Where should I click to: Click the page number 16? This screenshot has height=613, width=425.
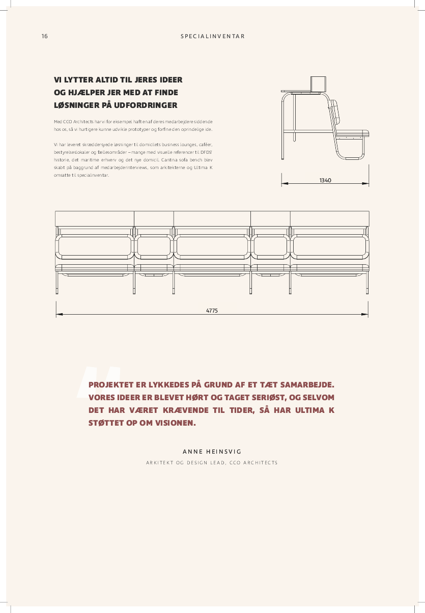click(45, 36)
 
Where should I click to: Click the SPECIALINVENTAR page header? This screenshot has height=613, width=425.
click(212, 36)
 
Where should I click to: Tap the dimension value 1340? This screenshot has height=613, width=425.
click(325, 180)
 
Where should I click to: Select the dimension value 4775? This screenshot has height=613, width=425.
click(212, 311)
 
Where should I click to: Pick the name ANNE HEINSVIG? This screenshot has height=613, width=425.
click(212, 452)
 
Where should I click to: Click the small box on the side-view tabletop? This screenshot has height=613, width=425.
click(318, 83)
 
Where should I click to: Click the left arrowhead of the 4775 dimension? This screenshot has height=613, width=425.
click(59, 315)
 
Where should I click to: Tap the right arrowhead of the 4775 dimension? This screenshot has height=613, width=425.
click(365, 315)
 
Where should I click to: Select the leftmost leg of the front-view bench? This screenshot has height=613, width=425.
click(56, 283)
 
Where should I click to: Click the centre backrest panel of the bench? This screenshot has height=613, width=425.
click(212, 246)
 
